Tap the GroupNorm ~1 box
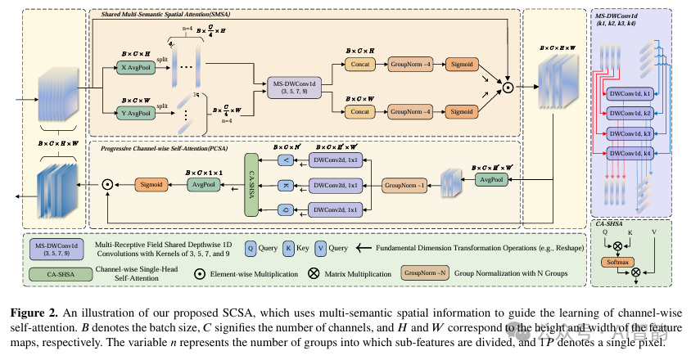[406, 186]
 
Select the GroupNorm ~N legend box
[422, 270]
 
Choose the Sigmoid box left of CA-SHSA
[151, 185]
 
